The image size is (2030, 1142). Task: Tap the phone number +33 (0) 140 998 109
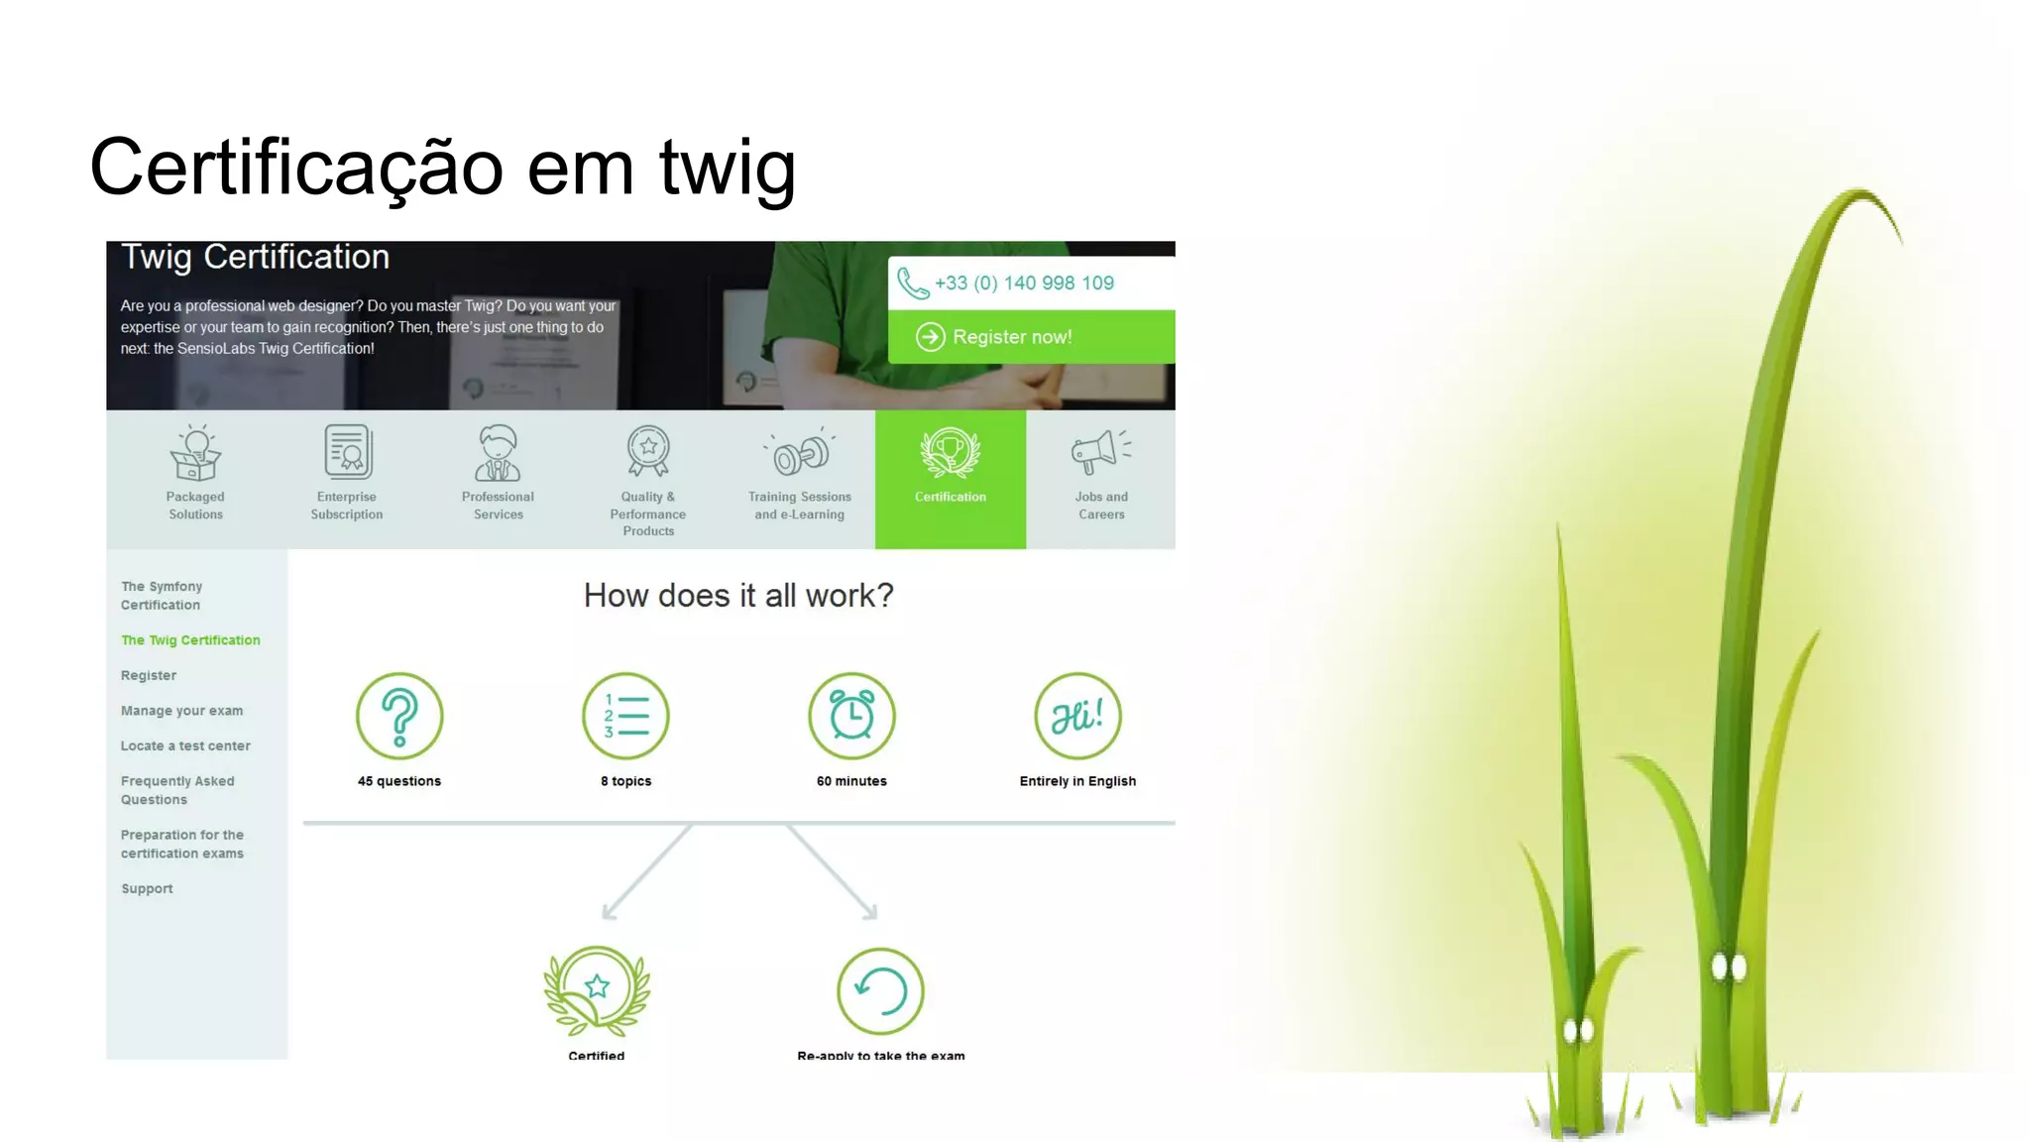click(x=1024, y=284)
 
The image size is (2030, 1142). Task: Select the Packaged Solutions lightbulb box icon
click(x=195, y=453)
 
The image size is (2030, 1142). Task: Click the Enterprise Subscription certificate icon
click(x=347, y=452)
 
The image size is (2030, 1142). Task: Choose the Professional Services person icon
click(x=498, y=453)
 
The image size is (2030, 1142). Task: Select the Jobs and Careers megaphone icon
click(x=1100, y=453)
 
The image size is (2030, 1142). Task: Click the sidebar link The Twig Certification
click(x=190, y=640)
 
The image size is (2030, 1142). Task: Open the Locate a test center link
click(x=185, y=746)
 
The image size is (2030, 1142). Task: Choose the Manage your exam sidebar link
click(x=181, y=711)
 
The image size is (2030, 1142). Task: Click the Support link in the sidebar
click(x=147, y=889)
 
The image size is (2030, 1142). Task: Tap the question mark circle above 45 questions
click(x=399, y=716)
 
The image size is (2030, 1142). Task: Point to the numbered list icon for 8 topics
click(x=625, y=716)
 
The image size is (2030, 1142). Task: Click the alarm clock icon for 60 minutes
click(x=851, y=716)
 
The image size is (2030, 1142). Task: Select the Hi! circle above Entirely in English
click(x=1077, y=716)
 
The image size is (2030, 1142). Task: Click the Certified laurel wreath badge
click(x=597, y=990)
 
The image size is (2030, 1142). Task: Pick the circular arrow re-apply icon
click(x=880, y=990)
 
